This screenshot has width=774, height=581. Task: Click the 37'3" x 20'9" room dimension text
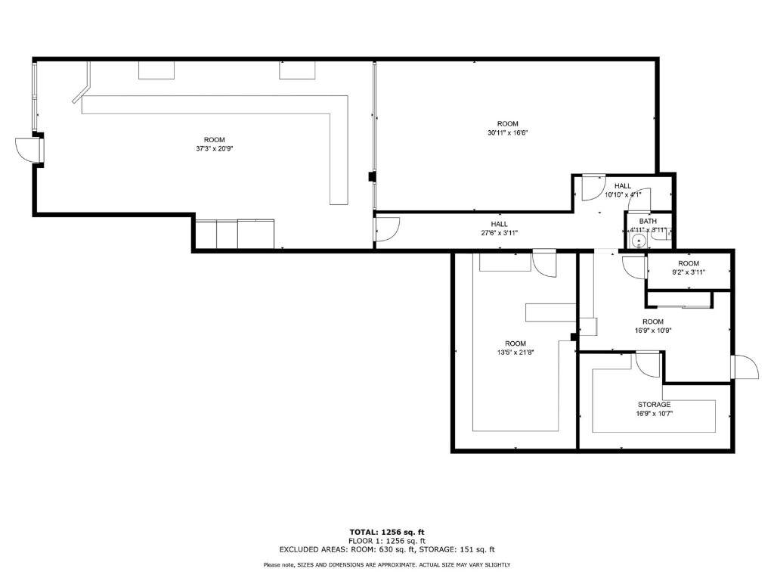pos(214,148)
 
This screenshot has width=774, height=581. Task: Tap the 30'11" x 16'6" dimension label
pos(507,132)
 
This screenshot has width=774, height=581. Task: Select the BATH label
pos(648,222)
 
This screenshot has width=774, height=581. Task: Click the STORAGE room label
pos(654,405)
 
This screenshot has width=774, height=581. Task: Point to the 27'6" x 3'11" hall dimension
pos(500,233)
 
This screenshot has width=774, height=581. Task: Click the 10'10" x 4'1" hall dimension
pos(623,194)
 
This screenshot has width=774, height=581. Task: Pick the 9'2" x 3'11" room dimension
pos(688,272)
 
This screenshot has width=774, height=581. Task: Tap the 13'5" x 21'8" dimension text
pos(515,353)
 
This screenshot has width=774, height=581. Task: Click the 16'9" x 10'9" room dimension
pos(653,331)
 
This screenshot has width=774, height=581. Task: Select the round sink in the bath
pos(639,241)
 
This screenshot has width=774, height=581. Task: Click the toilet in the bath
pos(662,235)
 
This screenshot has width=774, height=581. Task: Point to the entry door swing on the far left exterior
pos(27,149)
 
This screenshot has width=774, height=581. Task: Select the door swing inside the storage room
pos(648,365)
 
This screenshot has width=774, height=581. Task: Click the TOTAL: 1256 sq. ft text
pos(387,532)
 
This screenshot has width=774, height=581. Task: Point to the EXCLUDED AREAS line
pos(387,549)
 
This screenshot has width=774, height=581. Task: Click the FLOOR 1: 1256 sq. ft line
pos(387,541)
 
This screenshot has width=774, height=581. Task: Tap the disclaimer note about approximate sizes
pos(387,564)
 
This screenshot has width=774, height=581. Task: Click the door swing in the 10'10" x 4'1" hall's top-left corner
pos(594,188)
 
